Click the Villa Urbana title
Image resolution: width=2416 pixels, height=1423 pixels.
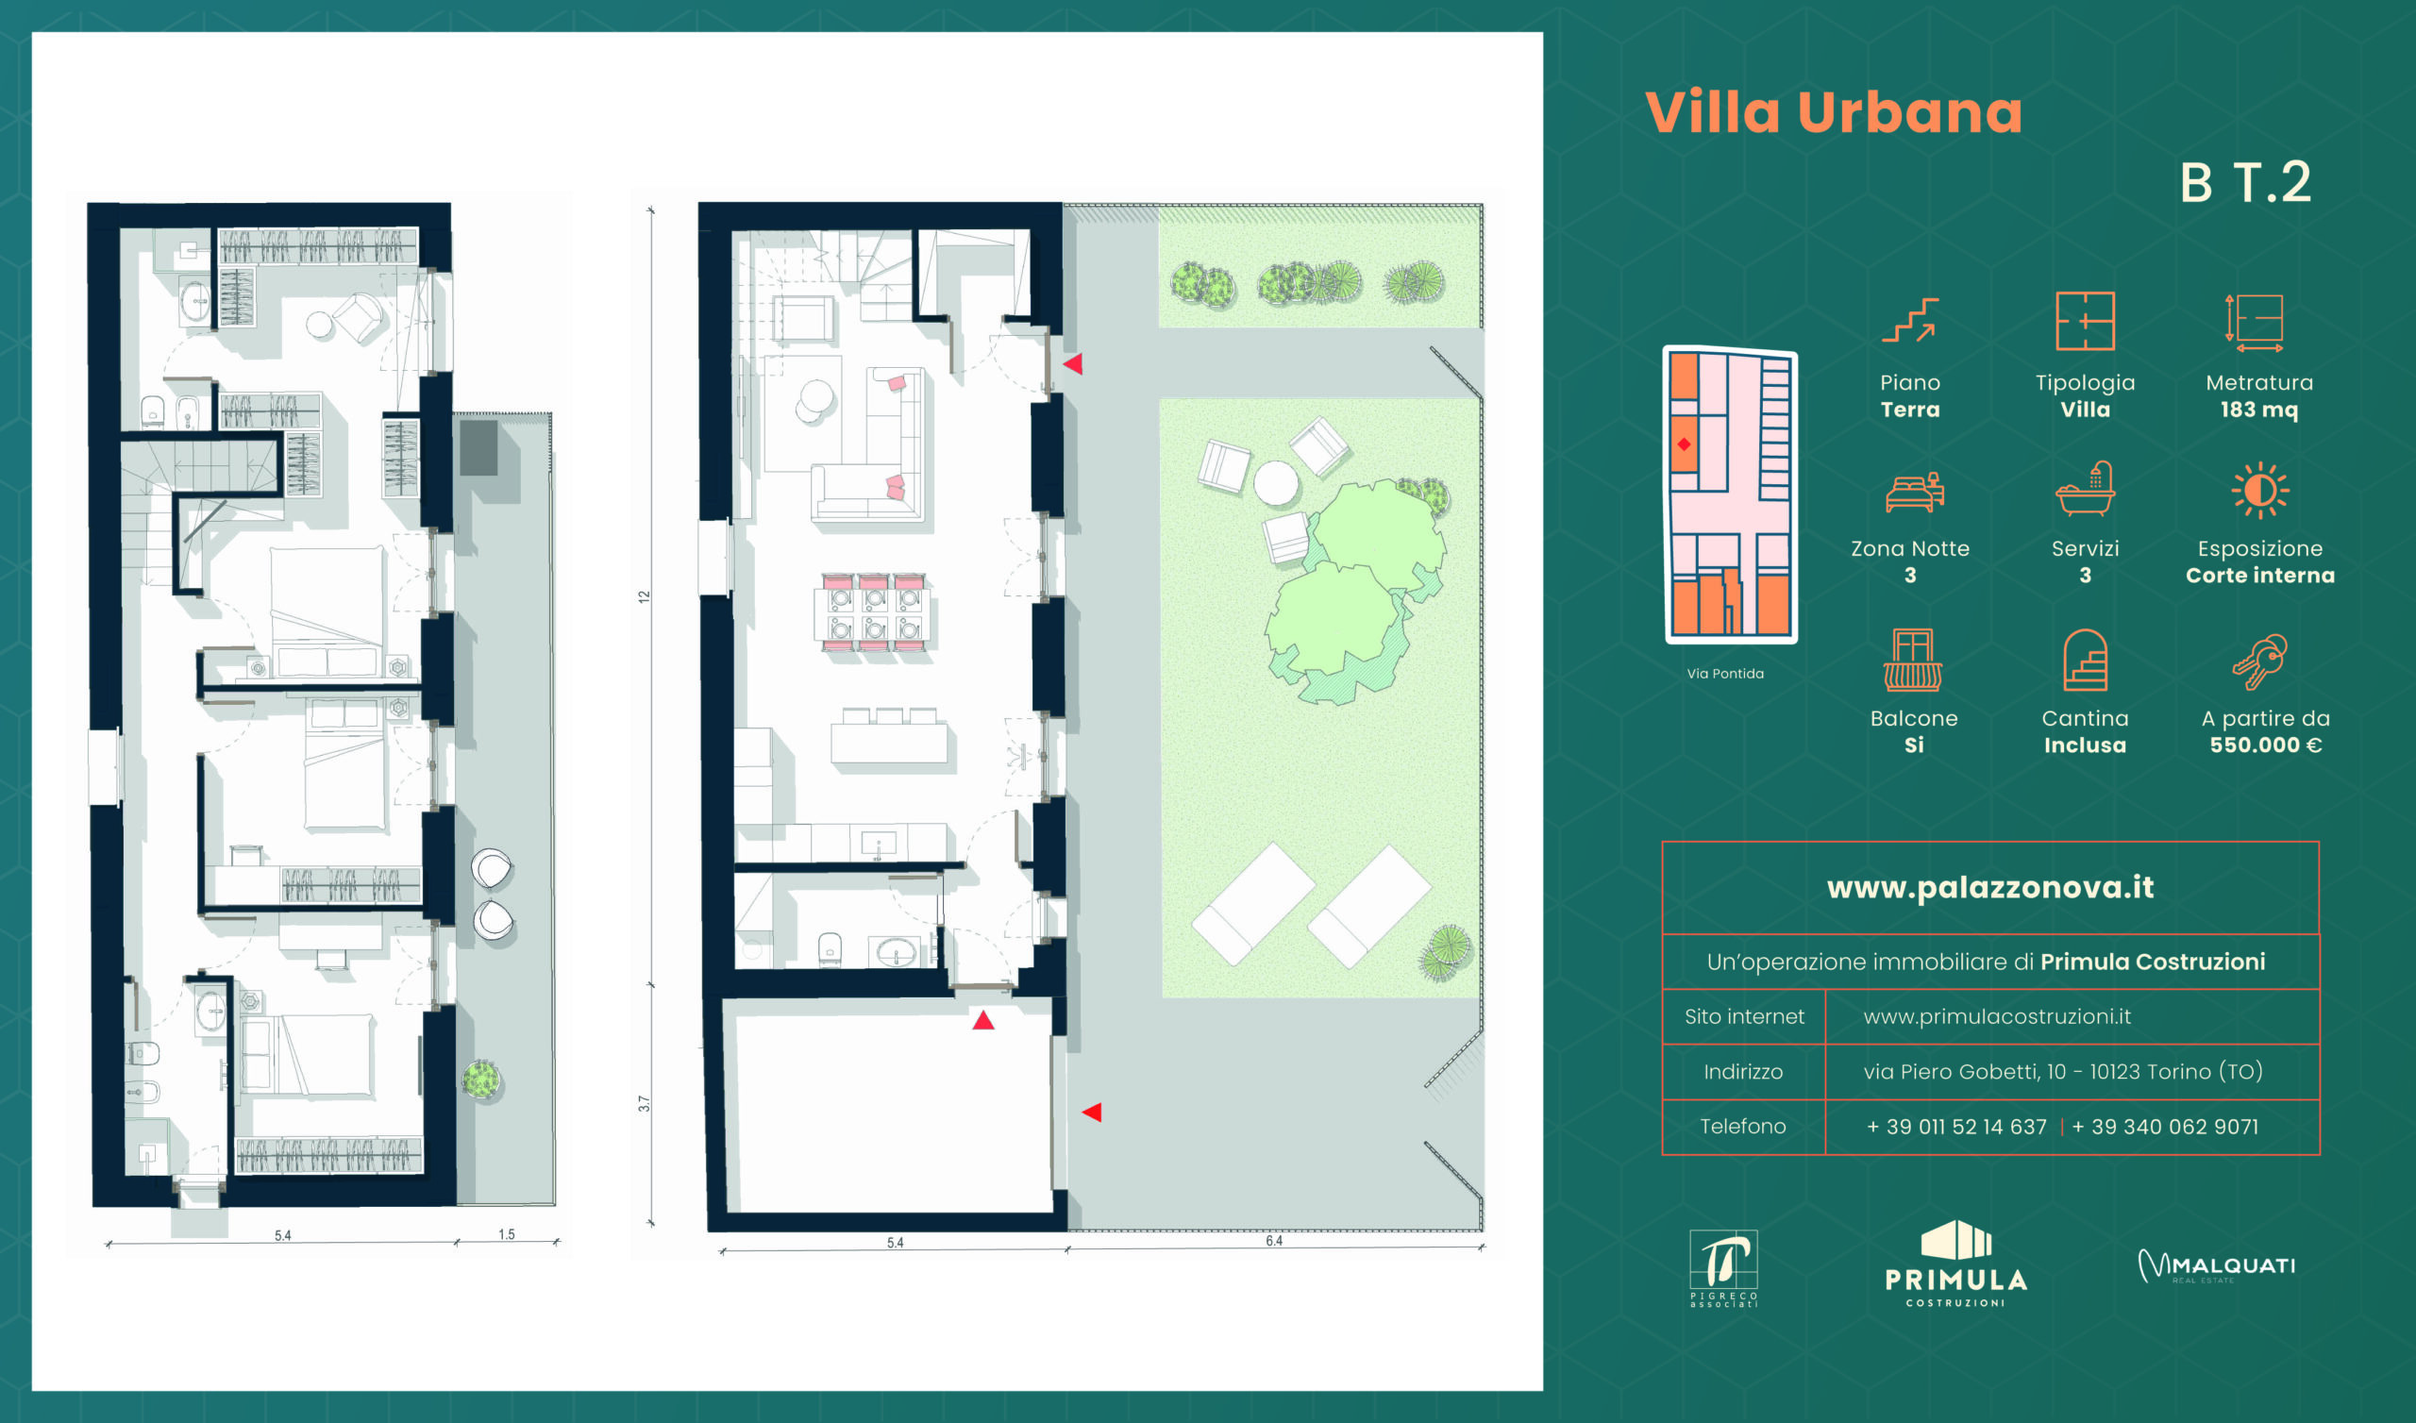(1833, 112)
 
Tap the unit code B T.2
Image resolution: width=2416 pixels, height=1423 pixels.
(2245, 182)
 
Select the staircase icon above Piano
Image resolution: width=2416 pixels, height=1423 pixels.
(1910, 320)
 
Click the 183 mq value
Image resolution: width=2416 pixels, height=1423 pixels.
(2258, 410)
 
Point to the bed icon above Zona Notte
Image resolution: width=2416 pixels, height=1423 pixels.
(1914, 492)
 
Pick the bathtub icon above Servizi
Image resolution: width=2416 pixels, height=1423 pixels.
(2086, 489)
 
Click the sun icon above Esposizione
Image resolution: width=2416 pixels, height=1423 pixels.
(2259, 491)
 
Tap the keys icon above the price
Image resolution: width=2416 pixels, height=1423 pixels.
(2259, 661)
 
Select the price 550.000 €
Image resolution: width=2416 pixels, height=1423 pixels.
(2266, 745)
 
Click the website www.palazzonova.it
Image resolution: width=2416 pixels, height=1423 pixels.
(1990, 888)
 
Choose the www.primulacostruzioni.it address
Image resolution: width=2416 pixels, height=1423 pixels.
(1997, 1016)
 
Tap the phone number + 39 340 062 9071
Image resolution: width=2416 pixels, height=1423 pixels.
(2165, 1127)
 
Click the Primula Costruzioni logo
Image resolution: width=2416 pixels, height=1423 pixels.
(1955, 1264)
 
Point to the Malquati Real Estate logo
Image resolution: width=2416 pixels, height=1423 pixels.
(2217, 1266)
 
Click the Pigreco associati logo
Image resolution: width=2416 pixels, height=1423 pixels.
(1723, 1268)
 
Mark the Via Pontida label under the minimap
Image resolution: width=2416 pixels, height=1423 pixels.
(1725, 674)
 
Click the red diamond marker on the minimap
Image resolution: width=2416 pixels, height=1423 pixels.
(1684, 444)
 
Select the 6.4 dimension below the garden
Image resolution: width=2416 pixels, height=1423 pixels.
(1273, 1241)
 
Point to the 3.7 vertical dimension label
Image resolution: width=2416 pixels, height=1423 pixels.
(645, 1104)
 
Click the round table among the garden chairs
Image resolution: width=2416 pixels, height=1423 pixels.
(1276, 482)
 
